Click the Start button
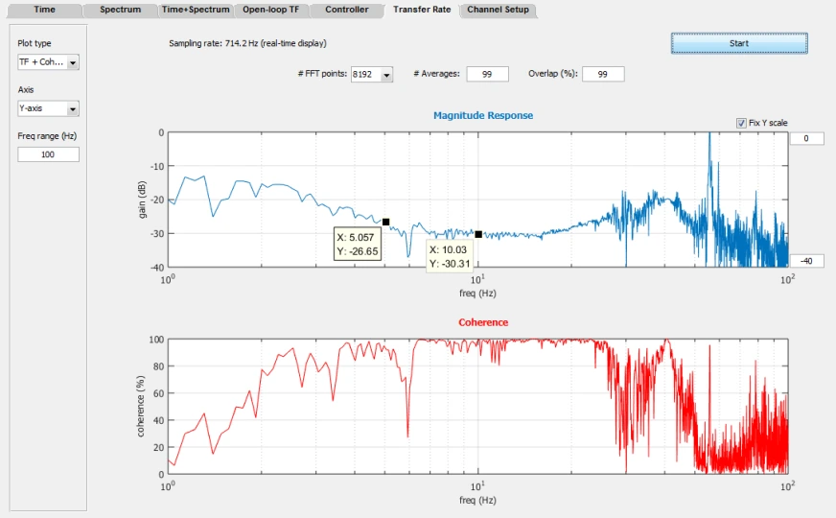(x=739, y=43)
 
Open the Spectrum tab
(x=121, y=10)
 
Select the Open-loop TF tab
(x=271, y=10)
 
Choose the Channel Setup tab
(x=498, y=10)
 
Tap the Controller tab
(x=346, y=10)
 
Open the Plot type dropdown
(x=48, y=62)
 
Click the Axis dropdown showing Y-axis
(x=48, y=108)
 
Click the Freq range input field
(x=48, y=154)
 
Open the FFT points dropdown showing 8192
(x=372, y=74)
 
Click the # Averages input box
(x=487, y=74)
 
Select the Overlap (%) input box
(x=603, y=74)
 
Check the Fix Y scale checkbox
(x=741, y=123)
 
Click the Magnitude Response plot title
(x=483, y=115)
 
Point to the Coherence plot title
(x=483, y=322)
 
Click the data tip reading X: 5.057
(x=358, y=244)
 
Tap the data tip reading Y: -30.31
(x=449, y=256)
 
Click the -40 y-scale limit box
(x=806, y=261)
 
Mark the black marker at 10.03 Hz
(x=478, y=234)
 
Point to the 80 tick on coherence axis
(x=157, y=366)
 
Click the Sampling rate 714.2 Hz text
(x=247, y=43)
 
